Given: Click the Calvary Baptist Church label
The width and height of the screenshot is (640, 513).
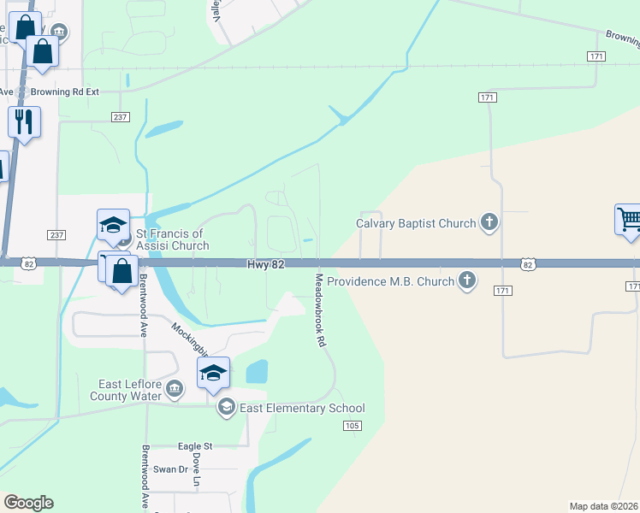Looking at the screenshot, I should [416, 224].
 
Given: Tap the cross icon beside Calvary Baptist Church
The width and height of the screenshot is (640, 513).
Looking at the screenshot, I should [489, 224].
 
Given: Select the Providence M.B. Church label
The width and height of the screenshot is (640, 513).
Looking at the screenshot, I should [389, 280].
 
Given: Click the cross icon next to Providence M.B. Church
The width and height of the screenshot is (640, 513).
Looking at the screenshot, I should [466, 280].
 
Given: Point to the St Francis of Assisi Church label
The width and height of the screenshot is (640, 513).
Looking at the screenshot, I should [169, 239].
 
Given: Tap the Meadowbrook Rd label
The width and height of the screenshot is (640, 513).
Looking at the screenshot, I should [321, 309].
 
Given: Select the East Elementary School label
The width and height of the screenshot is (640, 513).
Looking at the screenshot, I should [302, 408].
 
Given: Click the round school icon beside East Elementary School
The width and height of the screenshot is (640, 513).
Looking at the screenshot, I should [226, 407].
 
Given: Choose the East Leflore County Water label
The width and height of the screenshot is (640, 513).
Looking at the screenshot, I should [126, 390].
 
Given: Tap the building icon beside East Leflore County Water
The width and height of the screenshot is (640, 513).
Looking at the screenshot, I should [174, 390].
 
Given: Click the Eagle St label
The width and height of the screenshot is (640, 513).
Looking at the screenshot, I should [195, 446].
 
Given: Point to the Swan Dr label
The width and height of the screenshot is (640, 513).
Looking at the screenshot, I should [171, 469].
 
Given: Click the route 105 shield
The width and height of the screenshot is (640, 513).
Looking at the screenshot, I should [352, 425].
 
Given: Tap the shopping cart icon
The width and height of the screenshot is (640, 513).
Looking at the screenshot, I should [628, 219].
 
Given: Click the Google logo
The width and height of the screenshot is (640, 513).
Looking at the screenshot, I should [28, 503].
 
